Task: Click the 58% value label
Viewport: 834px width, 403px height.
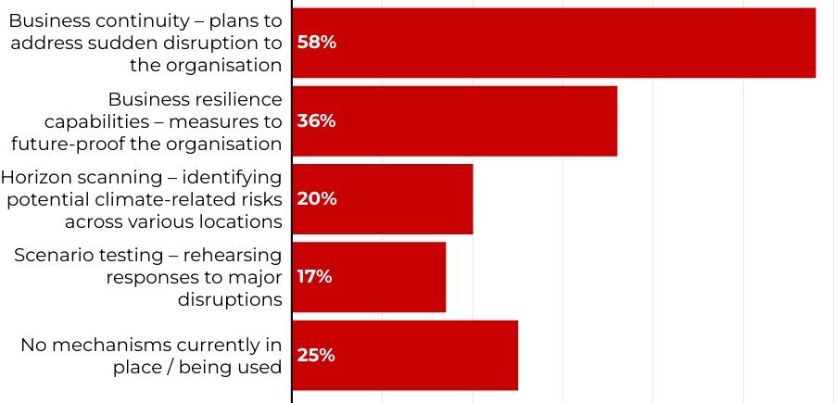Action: [x=316, y=43]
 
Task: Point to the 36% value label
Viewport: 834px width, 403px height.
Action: [x=316, y=120]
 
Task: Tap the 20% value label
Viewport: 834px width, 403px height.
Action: [x=316, y=198]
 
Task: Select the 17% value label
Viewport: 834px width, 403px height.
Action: [x=315, y=276]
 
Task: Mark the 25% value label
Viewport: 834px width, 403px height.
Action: [x=316, y=355]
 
